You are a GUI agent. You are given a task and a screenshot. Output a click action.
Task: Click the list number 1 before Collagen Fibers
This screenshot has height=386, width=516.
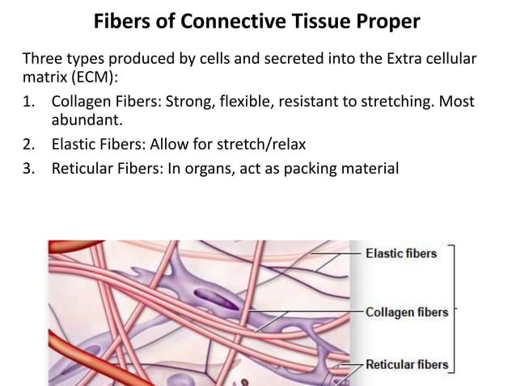click(29, 103)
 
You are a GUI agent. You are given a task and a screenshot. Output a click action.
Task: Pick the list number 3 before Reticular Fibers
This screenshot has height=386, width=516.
click(29, 170)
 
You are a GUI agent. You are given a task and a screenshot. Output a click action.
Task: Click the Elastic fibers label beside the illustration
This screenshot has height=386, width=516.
click(400, 254)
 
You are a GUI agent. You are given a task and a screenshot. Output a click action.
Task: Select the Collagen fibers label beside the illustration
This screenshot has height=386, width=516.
click(406, 312)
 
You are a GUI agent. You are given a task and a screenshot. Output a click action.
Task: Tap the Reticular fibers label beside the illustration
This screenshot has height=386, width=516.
click(406, 365)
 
